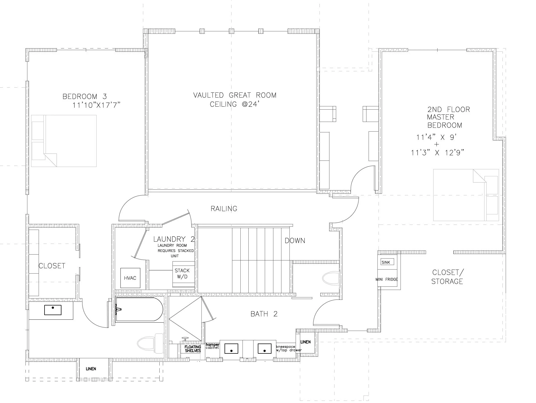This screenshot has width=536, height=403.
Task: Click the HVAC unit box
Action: pyautogui.click(x=130, y=278)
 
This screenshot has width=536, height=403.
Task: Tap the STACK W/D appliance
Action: pyautogui.click(x=183, y=274)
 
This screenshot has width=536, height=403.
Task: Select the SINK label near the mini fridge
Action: pyautogui.click(x=386, y=262)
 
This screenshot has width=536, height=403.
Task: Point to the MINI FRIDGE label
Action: pyautogui.click(x=387, y=279)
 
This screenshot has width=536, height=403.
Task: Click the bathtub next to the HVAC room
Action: pyautogui.click(x=139, y=309)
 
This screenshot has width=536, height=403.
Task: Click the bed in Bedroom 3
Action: pyautogui.click(x=64, y=141)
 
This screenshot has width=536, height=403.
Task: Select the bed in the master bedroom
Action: pyautogui.click(x=466, y=195)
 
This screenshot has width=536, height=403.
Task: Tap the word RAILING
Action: pyautogui.click(x=224, y=209)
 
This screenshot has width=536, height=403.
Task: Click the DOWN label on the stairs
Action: pyautogui.click(x=295, y=241)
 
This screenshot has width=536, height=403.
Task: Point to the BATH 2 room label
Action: pyautogui.click(x=264, y=314)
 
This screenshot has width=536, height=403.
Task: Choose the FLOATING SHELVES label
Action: pyautogui.click(x=193, y=349)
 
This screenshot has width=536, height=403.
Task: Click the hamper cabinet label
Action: pyautogui.click(x=212, y=346)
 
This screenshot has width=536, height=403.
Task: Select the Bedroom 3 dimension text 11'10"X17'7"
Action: pyautogui.click(x=96, y=105)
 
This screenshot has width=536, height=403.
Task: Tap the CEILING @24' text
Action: pyautogui.click(x=234, y=104)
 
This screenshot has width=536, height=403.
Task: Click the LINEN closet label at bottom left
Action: pyautogui.click(x=91, y=369)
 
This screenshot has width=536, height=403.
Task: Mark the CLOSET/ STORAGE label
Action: pyautogui.click(x=447, y=277)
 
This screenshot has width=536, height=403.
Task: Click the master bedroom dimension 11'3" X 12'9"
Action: pyautogui.click(x=438, y=153)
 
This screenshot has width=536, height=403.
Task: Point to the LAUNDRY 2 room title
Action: pyautogui.click(x=174, y=239)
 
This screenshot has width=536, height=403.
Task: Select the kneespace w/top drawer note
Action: pyautogui.click(x=289, y=348)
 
